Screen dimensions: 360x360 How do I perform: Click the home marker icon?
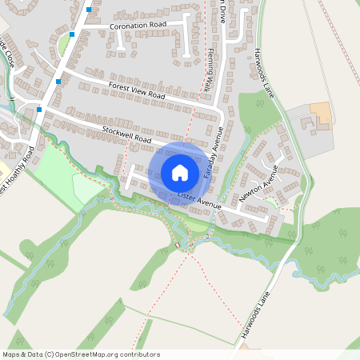pyautogui.click(x=179, y=172)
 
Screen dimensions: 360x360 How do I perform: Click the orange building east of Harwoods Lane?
pyautogui.click(x=321, y=113)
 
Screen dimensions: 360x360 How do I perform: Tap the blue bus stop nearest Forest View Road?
pyautogui.click(x=59, y=81)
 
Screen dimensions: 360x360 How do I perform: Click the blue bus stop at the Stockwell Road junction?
pyautogui.click(x=39, y=110)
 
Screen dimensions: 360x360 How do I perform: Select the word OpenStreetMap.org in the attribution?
pyautogui.click(x=88, y=354)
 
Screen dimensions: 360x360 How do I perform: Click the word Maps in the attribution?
pyautogui.click(x=11, y=354)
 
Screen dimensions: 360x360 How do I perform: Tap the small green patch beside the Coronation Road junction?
pyautogui.click(x=64, y=46)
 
